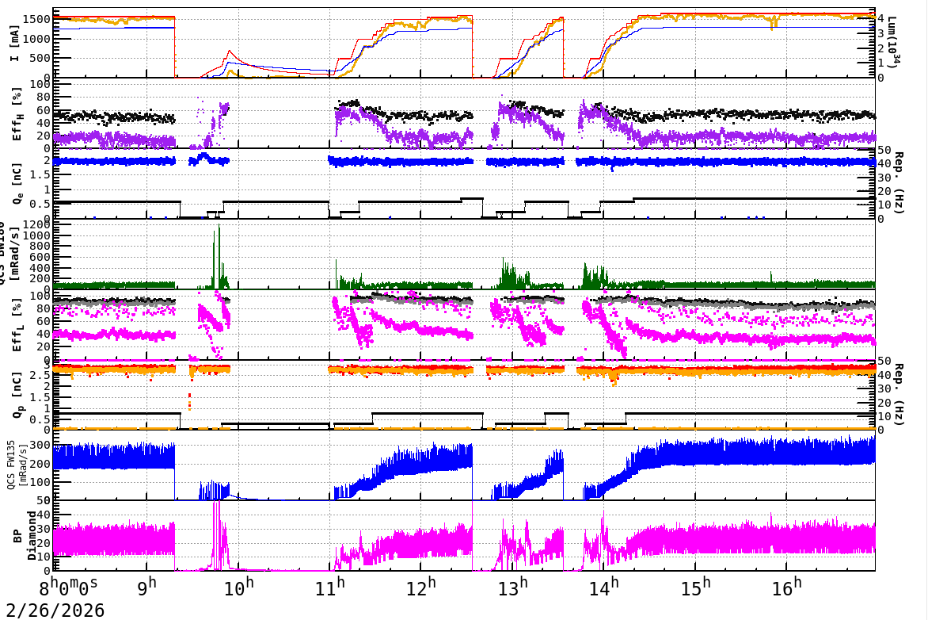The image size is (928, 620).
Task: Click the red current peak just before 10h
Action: [230, 52]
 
